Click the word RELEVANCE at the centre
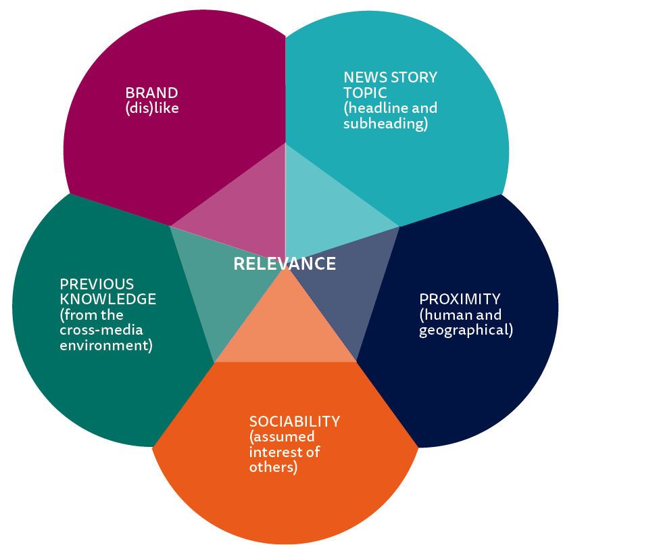[x=285, y=264]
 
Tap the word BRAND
[x=151, y=93]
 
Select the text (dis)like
[x=152, y=108]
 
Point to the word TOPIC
[x=365, y=93]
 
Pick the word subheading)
[x=385, y=124]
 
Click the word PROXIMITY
[x=460, y=299]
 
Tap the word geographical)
[x=466, y=331]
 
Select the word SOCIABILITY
[x=294, y=422]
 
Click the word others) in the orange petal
[x=273, y=467]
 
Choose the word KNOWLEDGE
[x=108, y=299]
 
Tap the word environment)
[x=106, y=346]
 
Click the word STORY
[x=412, y=77]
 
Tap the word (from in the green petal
[x=77, y=314]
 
